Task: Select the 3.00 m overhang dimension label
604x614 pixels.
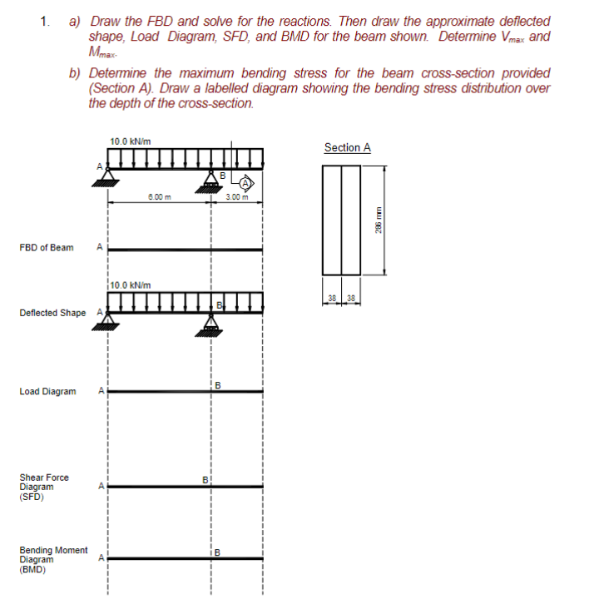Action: (237, 196)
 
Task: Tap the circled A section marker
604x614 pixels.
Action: (248, 183)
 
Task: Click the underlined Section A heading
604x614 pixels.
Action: (347, 147)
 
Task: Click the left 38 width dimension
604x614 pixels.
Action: (333, 298)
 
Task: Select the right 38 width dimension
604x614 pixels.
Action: (352, 298)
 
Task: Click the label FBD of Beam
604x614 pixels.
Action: (46, 247)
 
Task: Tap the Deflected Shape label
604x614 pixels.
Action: (52, 313)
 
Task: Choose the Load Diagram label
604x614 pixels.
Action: (47, 391)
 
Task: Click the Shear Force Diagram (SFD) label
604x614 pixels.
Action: (44, 488)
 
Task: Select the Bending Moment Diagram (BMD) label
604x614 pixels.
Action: (53, 560)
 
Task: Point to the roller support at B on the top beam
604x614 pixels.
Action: (211, 181)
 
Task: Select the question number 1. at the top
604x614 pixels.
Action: (45, 20)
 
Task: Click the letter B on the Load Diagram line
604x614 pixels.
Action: (219, 384)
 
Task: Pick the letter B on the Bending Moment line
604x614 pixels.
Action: (219, 552)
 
